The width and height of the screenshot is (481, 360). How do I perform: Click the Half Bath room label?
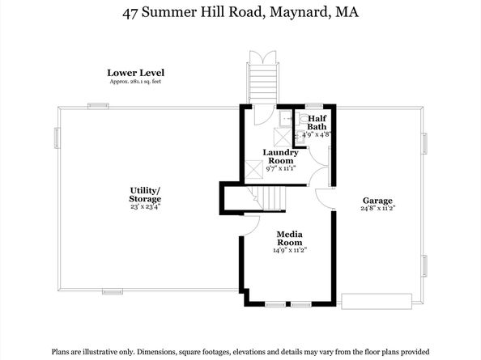pos(317,122)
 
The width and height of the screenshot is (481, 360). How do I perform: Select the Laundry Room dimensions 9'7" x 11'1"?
pos(280,168)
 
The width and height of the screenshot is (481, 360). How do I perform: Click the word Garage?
pos(377,201)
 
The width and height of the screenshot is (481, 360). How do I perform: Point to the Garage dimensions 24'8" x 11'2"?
pos(377,208)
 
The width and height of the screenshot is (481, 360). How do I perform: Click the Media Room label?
pos(290,239)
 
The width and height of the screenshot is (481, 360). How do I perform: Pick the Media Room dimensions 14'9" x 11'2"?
pos(290,250)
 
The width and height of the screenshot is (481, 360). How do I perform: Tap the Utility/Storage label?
pos(145,195)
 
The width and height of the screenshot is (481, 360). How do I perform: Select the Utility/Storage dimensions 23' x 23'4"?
pos(145,207)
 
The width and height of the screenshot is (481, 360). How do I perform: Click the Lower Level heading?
pos(135,73)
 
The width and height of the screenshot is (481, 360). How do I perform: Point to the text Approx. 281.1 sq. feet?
pos(135,82)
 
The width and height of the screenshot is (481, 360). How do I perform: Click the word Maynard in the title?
pos(300,13)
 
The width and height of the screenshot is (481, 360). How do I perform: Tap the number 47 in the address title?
pos(130,13)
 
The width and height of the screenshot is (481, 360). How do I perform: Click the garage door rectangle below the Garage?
pos(377,302)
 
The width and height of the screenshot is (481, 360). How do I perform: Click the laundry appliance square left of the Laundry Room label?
pos(254,169)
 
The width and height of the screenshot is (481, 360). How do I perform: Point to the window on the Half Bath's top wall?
pos(314,106)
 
